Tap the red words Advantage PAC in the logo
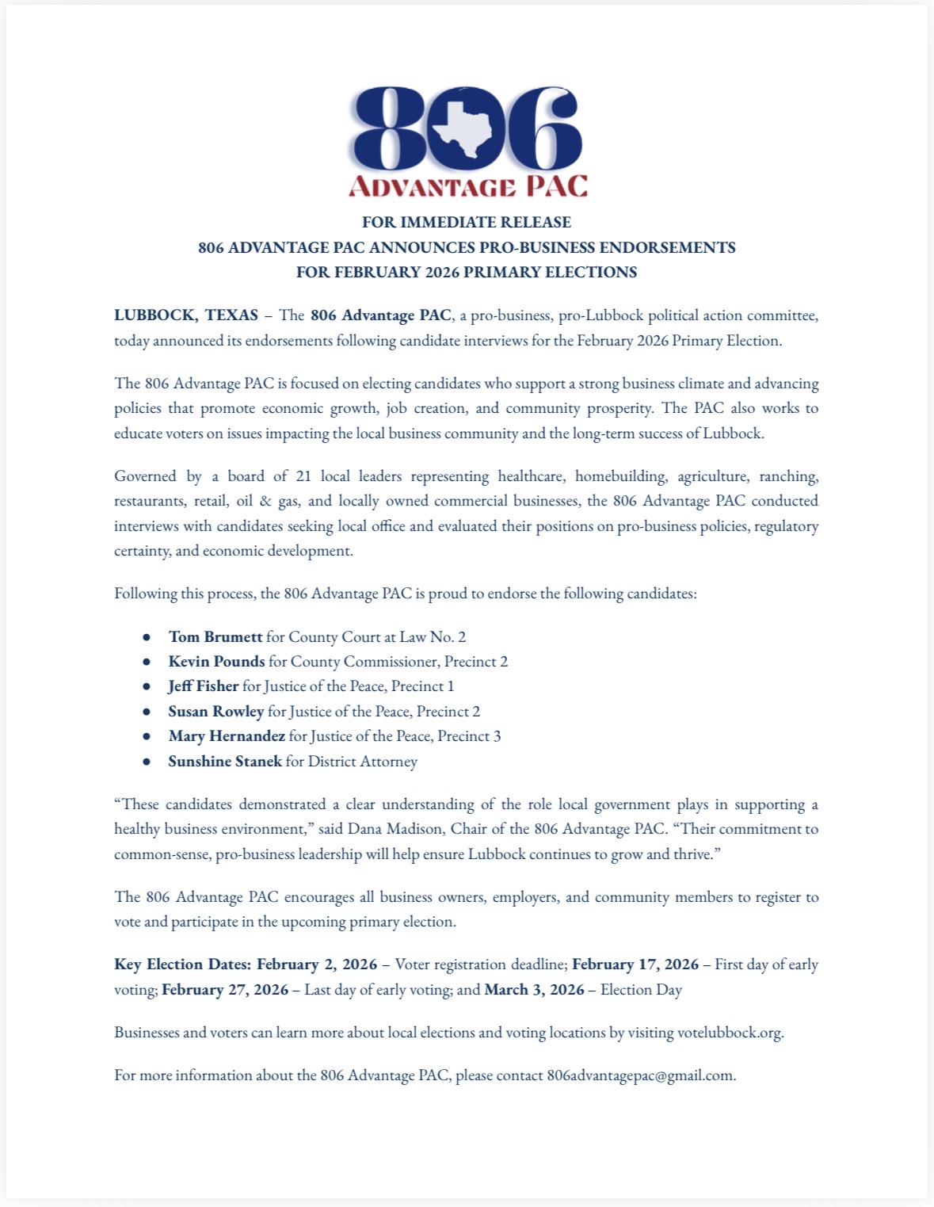(x=468, y=186)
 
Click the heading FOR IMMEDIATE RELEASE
(x=467, y=222)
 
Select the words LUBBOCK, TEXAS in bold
(x=186, y=315)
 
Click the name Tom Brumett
(x=215, y=637)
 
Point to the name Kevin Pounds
(x=216, y=662)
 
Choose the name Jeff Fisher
(x=203, y=686)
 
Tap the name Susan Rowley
(x=215, y=712)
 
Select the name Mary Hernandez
(x=227, y=736)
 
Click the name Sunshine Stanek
(x=225, y=762)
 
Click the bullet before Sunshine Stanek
(x=147, y=762)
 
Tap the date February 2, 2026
(x=317, y=964)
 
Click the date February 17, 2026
(x=635, y=964)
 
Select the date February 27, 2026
(x=225, y=990)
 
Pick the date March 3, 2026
(x=534, y=990)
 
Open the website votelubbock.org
(x=729, y=1033)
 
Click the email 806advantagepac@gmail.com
(x=640, y=1075)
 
